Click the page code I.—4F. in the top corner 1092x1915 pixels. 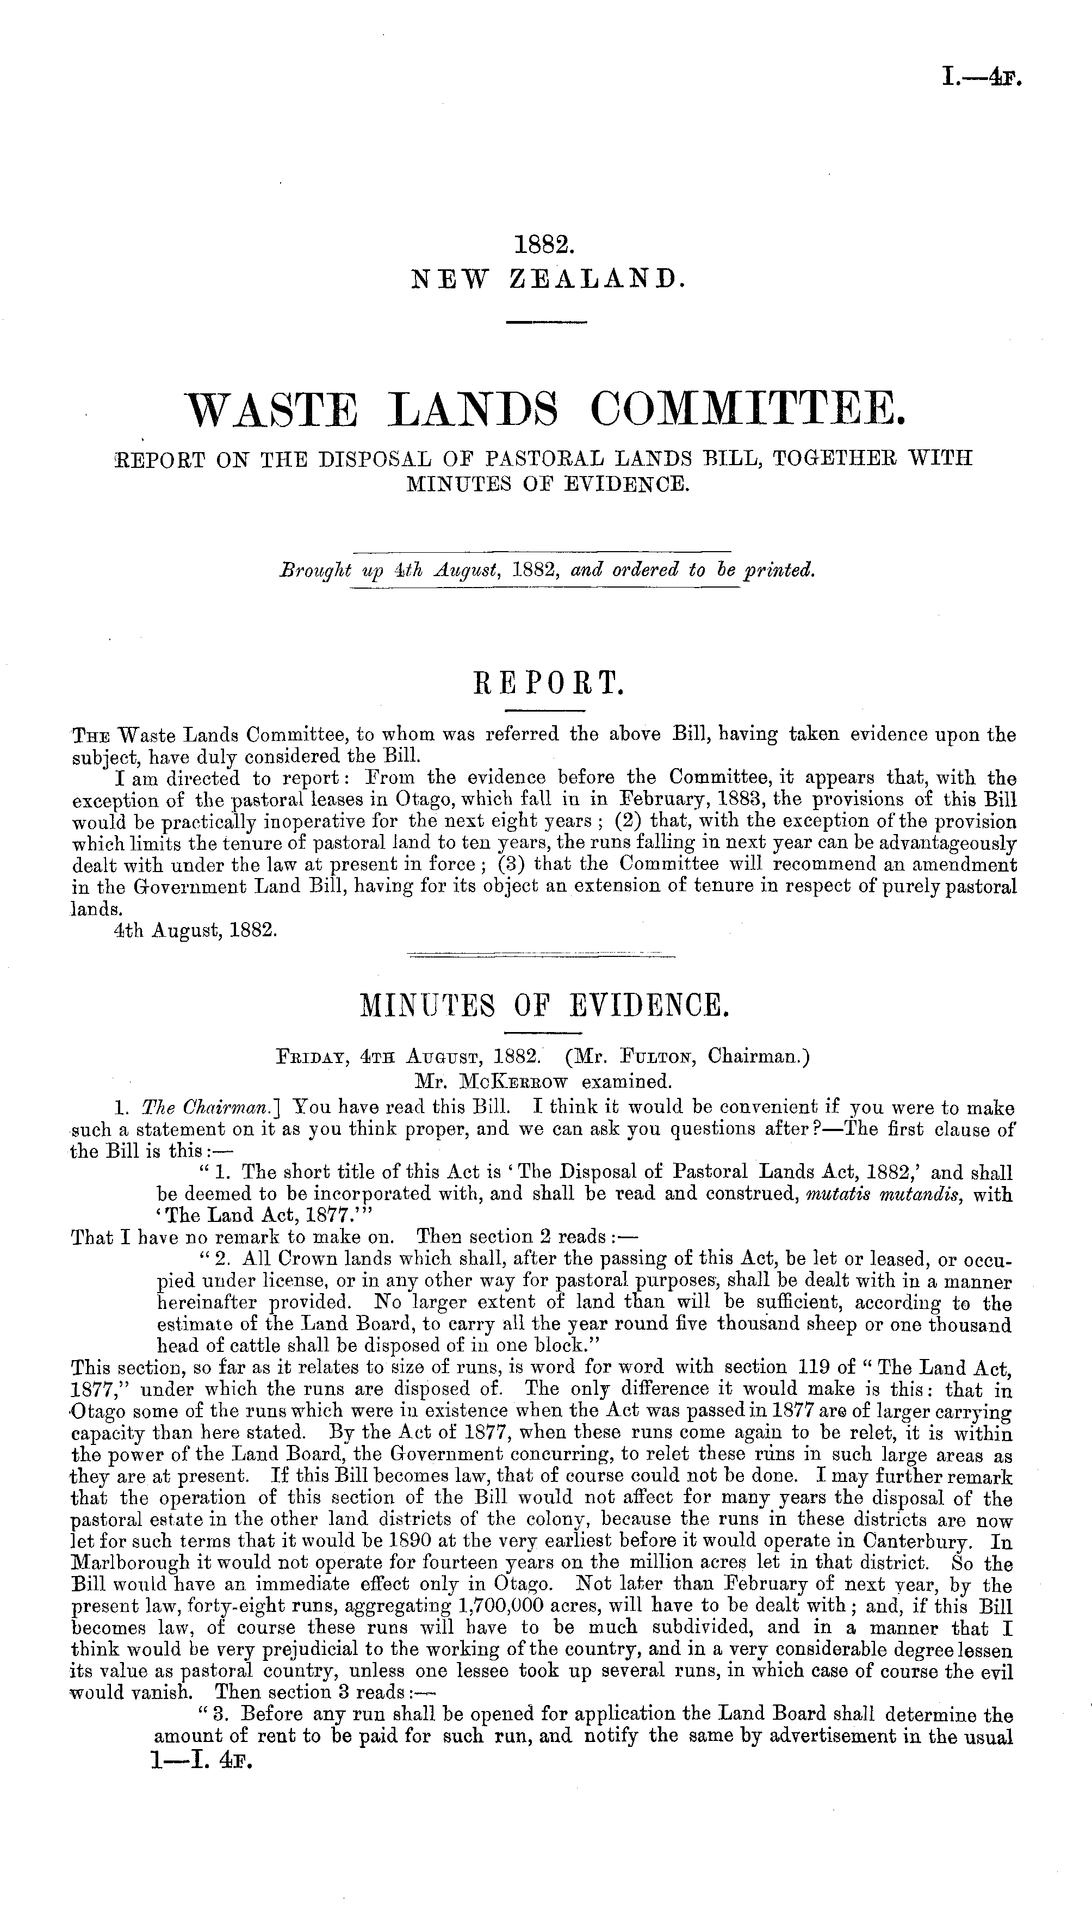click(x=981, y=77)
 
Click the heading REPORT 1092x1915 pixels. click(x=545, y=683)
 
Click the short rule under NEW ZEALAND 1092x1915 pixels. click(x=545, y=323)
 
